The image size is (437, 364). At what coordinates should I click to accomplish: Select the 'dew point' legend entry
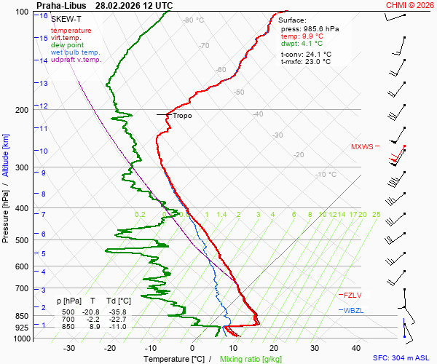point(66,44)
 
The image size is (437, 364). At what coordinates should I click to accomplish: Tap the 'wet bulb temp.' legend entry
point(76,52)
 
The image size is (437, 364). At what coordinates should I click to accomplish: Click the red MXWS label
point(362,146)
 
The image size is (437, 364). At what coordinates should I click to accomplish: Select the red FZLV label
point(353,294)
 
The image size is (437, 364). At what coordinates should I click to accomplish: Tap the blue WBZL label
point(353,310)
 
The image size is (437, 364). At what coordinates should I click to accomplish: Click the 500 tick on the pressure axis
point(23,240)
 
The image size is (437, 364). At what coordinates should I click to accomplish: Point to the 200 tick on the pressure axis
point(23,110)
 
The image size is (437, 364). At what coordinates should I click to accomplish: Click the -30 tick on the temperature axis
point(69,348)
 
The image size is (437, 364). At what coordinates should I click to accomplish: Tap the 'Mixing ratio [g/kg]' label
point(251,359)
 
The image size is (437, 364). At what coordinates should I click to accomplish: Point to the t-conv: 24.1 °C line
point(306,54)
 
